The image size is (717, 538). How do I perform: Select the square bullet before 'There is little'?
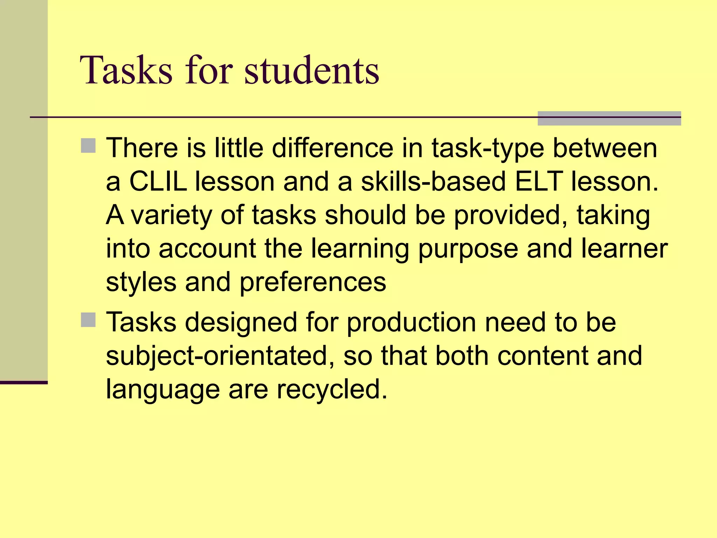88,146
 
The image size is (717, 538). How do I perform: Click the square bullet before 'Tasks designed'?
88,320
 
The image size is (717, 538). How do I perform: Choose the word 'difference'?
333,148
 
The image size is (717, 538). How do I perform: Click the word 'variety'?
171,215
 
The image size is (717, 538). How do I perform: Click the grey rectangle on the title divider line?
609,118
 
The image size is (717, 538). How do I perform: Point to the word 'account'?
207,249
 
